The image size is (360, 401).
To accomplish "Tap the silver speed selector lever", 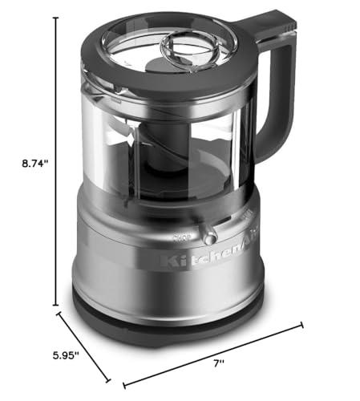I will [x=210, y=237].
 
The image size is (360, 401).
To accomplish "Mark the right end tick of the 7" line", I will [x=303, y=324].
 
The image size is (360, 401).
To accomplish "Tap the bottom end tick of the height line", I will [x=55, y=306].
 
